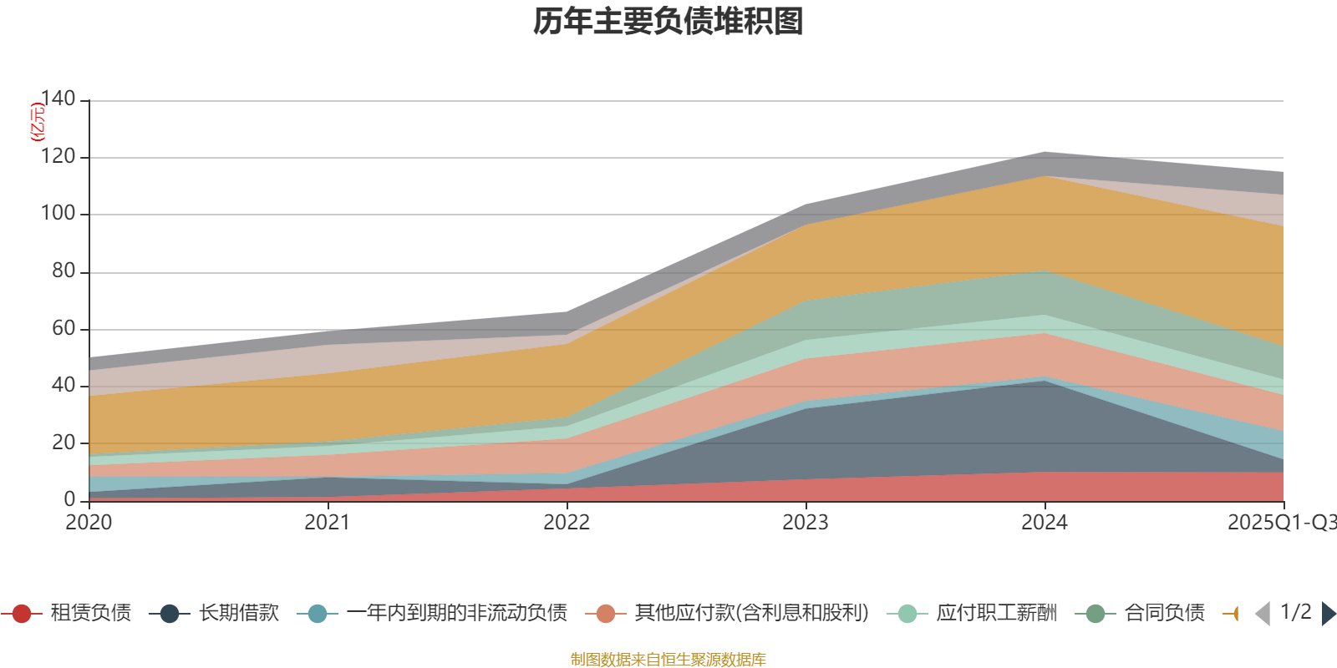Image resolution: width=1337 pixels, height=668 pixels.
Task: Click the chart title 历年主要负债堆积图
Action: pos(668,22)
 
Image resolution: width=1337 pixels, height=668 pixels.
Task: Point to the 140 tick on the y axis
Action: pos(58,99)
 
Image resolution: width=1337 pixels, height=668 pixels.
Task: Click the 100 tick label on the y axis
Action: pos(58,213)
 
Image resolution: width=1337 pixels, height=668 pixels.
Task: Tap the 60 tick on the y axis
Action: pos(64,328)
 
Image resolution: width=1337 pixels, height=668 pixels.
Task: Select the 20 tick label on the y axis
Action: pos(64,443)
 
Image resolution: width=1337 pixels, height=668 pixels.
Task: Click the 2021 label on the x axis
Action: pos(328,523)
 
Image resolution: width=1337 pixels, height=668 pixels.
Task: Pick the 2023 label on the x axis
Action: pos(806,523)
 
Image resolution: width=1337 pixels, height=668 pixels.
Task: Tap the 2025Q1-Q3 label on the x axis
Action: pos(1280,523)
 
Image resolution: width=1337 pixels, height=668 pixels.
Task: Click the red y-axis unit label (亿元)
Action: pos(38,122)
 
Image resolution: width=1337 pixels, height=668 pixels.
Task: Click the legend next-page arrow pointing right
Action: pos(1329,614)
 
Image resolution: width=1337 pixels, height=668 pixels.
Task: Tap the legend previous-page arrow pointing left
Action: pos(1263,614)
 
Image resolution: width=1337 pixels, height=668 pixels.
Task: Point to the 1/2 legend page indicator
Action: pos(1295,612)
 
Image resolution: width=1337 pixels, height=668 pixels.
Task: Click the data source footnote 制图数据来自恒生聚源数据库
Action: pos(668,660)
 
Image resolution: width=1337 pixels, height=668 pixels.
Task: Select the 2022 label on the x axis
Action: pos(567,523)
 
